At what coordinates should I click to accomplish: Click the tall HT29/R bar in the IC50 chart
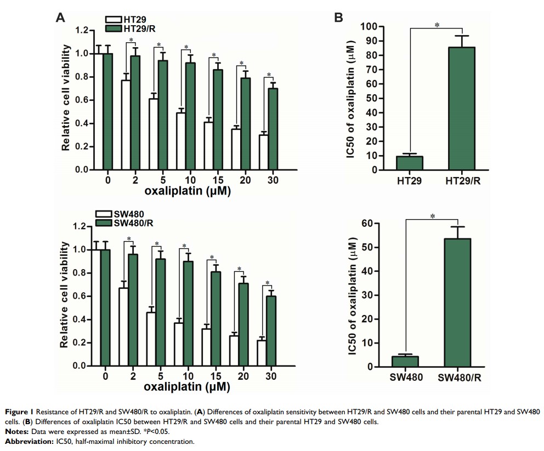(462, 109)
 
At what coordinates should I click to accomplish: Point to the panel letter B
(339, 18)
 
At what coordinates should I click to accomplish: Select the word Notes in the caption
(14, 431)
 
